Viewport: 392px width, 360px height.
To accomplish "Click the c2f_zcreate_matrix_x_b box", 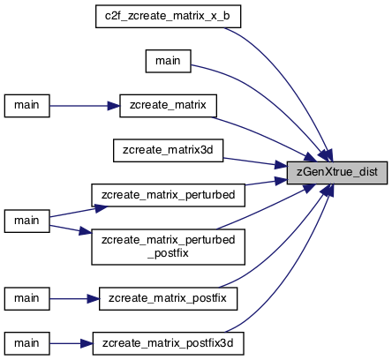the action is (x=168, y=17).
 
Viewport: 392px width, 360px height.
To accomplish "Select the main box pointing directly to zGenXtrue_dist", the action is (x=168, y=61).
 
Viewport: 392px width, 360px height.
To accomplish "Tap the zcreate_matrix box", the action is (x=168, y=106).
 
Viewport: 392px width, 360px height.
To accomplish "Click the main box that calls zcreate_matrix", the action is (x=26, y=106).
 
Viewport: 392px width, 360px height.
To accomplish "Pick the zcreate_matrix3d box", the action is (x=168, y=151).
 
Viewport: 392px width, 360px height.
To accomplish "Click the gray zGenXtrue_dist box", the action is (x=337, y=173).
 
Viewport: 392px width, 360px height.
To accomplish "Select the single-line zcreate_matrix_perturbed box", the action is (x=168, y=195).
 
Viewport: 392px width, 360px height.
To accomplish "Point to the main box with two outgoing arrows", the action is (x=26, y=221).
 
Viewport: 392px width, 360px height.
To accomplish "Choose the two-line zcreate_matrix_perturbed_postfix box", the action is (x=168, y=247).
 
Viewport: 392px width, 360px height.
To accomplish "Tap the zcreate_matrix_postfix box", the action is (x=168, y=298).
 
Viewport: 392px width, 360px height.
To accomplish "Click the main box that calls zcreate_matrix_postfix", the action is (x=26, y=298).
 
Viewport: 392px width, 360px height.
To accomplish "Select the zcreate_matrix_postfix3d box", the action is (x=168, y=343).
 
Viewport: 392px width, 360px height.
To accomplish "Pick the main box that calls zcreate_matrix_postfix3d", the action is (x=26, y=343).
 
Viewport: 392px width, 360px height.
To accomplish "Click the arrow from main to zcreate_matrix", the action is (x=85, y=106).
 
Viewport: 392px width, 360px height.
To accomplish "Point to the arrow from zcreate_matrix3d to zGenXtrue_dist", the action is (x=255, y=162).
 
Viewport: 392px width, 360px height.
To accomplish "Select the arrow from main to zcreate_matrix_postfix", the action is (x=74, y=299).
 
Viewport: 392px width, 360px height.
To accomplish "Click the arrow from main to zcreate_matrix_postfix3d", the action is (x=71, y=343).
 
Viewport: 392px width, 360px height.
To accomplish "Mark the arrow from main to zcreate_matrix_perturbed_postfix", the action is (x=71, y=230).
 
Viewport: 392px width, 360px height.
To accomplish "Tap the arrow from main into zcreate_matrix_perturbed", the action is (x=79, y=212).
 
